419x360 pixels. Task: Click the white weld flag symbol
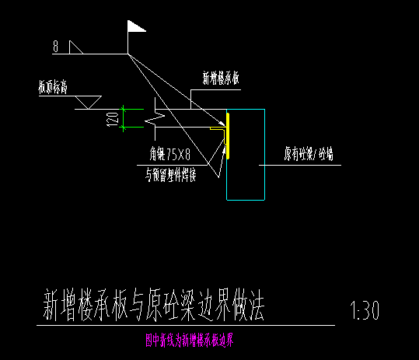click(x=135, y=28)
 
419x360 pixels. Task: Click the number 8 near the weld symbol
click(x=56, y=47)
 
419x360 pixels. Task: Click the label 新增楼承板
click(x=225, y=79)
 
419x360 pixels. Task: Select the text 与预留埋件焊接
click(x=170, y=175)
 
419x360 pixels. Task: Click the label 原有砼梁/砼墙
click(x=307, y=154)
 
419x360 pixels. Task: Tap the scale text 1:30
click(x=365, y=312)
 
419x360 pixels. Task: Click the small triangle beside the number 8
click(x=75, y=47)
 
